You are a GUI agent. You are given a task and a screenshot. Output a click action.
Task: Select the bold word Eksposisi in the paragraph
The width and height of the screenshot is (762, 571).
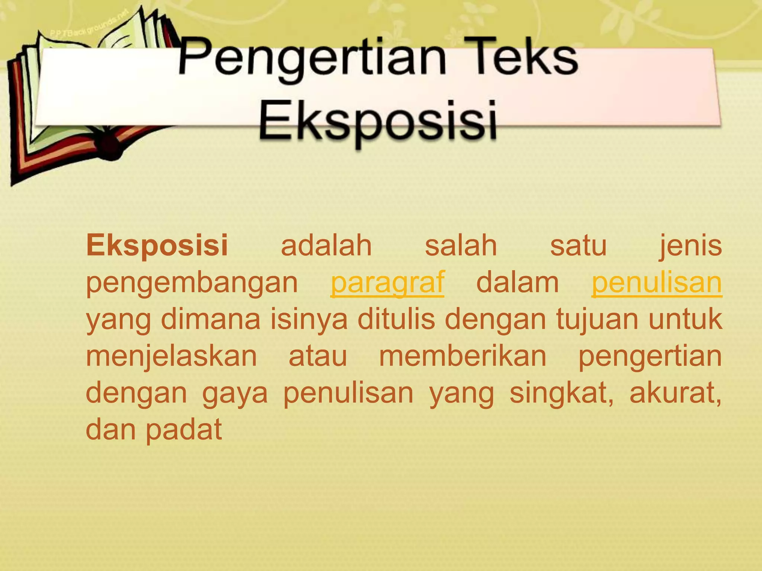point(157,246)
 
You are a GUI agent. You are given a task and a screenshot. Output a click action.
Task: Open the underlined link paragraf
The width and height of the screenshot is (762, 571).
point(387,283)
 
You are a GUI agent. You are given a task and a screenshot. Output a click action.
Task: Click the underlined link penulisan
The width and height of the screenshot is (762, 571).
point(656,283)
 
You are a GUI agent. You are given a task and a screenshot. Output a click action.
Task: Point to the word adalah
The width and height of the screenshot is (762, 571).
point(326,246)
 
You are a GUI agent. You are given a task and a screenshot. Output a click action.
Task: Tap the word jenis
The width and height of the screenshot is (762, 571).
point(691,246)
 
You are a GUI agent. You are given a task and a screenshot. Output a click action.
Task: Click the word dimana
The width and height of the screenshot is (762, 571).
point(211,319)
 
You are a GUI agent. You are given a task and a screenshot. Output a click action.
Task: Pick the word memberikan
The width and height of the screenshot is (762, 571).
point(462,356)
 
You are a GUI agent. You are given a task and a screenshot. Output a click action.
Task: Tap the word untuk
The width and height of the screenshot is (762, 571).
point(685,319)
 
